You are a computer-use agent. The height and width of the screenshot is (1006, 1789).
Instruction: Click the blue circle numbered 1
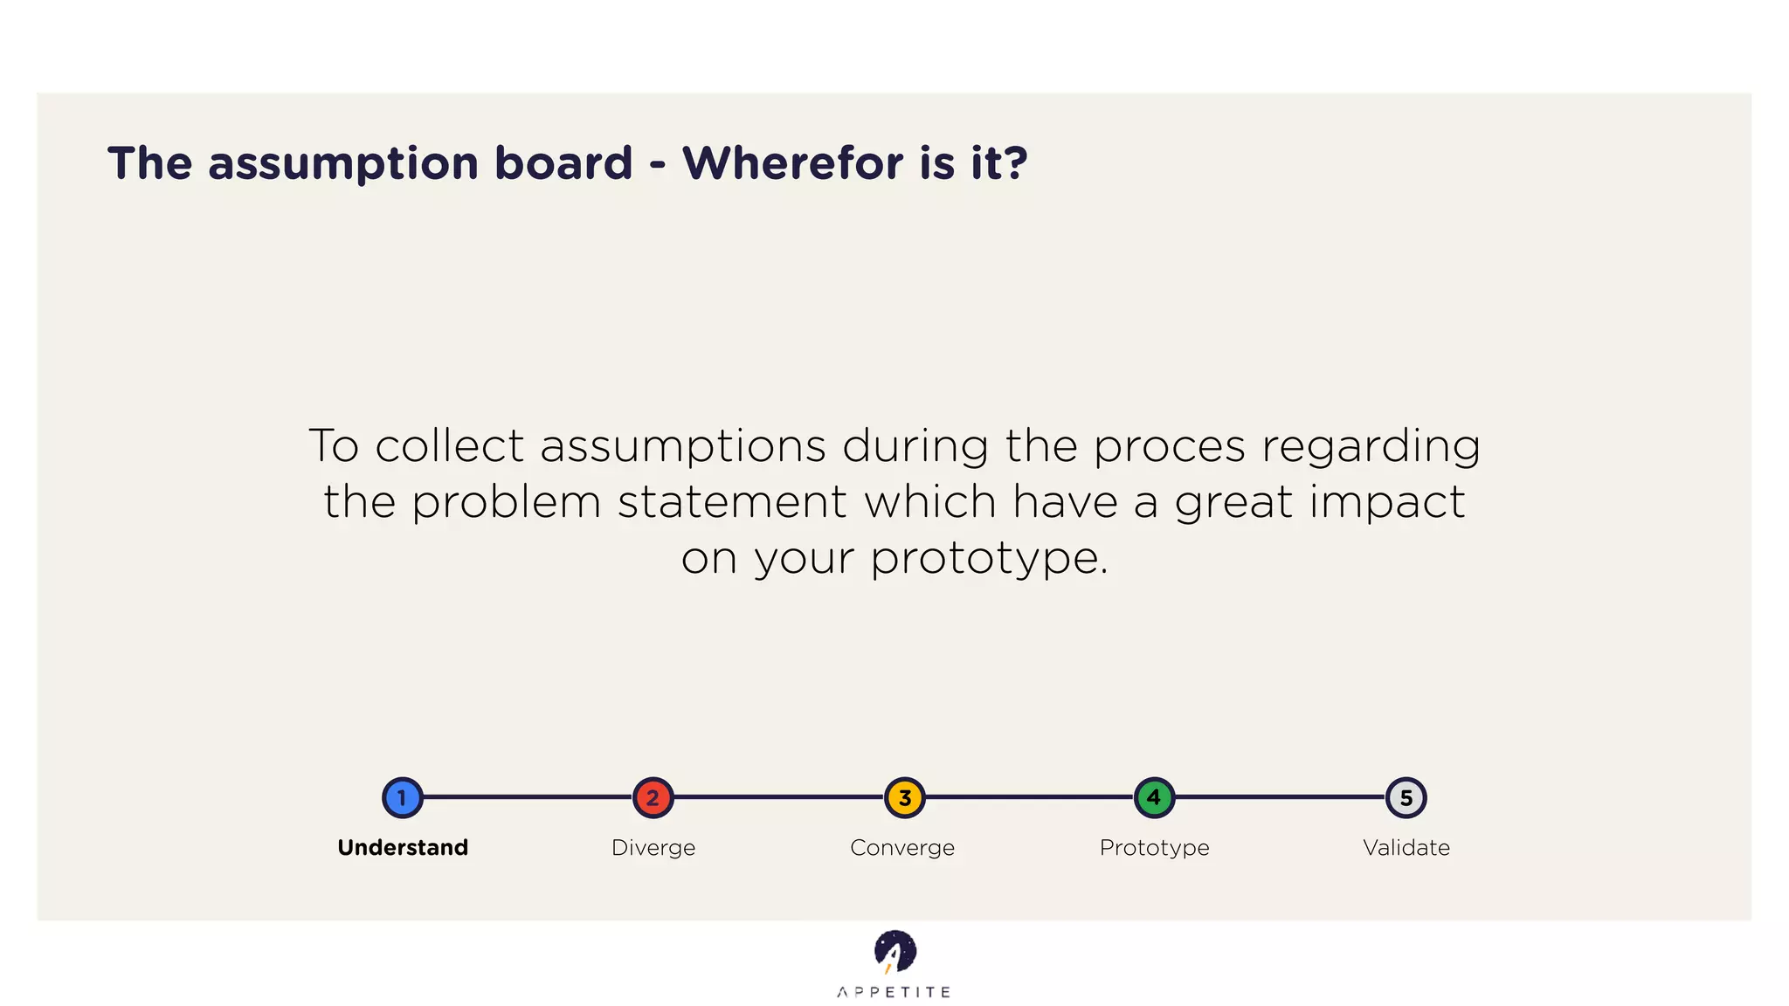(x=403, y=797)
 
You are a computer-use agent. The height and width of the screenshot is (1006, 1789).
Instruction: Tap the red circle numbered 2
(x=653, y=797)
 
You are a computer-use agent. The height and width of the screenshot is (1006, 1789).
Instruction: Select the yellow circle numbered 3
(x=904, y=797)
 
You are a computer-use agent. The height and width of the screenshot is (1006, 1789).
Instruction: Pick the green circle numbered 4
(x=1154, y=797)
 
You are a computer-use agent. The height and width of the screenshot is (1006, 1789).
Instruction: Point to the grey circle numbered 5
(x=1406, y=797)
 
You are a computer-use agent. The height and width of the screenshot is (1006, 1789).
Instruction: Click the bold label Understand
(x=403, y=847)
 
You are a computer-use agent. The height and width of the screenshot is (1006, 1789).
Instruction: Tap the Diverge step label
(x=653, y=847)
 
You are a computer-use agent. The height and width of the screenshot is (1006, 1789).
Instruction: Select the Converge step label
(x=902, y=847)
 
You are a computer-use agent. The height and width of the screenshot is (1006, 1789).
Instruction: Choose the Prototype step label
(x=1154, y=847)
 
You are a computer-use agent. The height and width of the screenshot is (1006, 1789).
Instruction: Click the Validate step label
(x=1406, y=847)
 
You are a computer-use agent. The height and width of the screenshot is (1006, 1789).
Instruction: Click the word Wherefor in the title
(x=792, y=163)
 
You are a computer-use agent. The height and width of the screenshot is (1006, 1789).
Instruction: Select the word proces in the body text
(x=1169, y=447)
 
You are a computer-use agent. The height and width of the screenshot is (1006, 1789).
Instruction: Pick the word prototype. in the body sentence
(x=990, y=559)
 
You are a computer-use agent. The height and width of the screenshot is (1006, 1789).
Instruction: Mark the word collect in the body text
(x=449, y=445)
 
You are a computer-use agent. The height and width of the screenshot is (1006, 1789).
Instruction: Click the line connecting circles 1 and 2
(x=528, y=797)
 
